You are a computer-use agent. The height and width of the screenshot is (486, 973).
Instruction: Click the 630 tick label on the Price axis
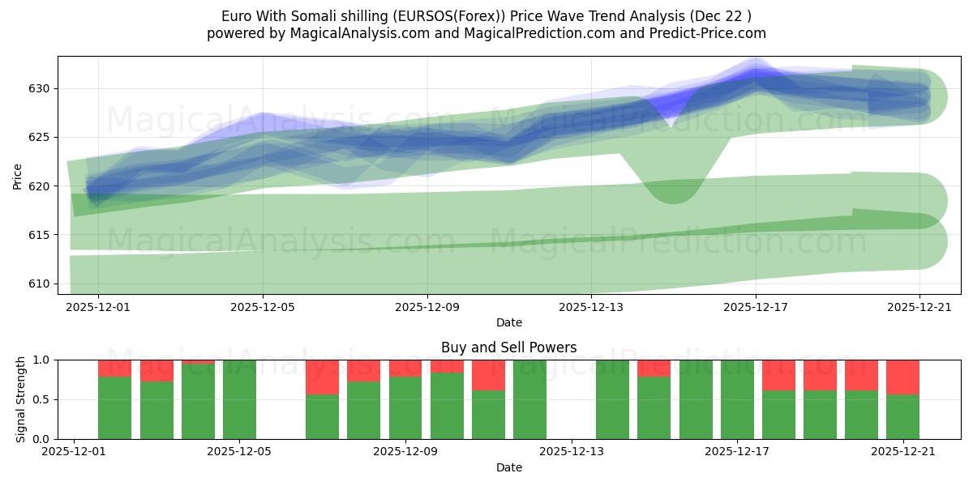41,88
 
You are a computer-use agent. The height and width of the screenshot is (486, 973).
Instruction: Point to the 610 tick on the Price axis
41,283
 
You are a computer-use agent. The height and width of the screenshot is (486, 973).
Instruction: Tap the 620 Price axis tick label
41,186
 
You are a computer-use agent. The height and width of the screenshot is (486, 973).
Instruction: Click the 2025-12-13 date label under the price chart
591,307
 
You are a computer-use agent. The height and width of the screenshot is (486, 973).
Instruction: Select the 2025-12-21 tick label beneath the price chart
919,307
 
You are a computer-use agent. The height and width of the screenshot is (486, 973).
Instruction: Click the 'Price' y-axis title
18,175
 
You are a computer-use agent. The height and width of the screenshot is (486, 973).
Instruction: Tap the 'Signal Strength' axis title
21,399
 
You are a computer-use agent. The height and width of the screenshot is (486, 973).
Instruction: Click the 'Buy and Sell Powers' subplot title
508,347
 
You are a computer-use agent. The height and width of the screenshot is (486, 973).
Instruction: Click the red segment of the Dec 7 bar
322,377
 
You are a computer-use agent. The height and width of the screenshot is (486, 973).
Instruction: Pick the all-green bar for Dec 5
239,399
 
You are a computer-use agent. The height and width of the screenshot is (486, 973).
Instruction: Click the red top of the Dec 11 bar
488,374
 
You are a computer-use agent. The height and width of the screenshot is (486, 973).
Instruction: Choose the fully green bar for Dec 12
529,399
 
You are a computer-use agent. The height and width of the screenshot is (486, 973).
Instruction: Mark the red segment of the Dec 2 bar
114,368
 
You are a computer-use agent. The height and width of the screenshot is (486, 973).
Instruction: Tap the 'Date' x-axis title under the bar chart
508,467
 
